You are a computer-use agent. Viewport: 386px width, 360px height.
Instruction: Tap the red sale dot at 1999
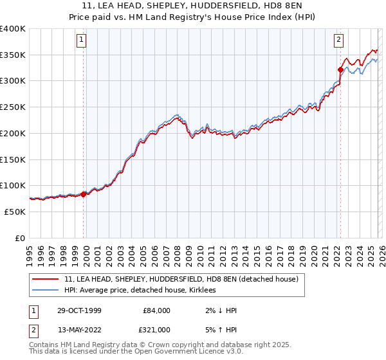click(84, 194)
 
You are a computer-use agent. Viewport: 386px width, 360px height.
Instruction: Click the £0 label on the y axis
click(21, 238)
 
